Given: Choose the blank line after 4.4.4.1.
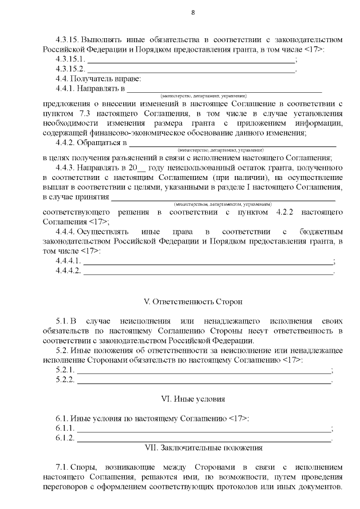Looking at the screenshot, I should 208,262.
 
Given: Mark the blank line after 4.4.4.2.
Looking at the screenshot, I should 208,272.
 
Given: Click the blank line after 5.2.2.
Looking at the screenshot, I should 204,381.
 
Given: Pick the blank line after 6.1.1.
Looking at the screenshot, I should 204,429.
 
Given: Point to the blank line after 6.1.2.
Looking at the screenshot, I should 204,439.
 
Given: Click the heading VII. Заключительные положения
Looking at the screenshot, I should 204,448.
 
